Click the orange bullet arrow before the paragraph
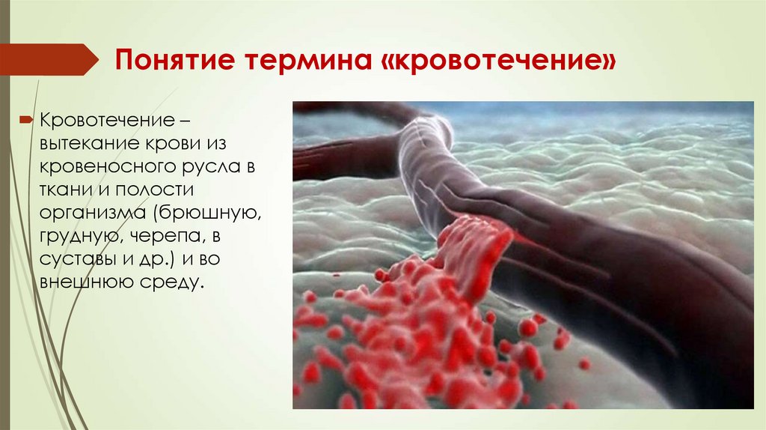click(26, 120)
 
